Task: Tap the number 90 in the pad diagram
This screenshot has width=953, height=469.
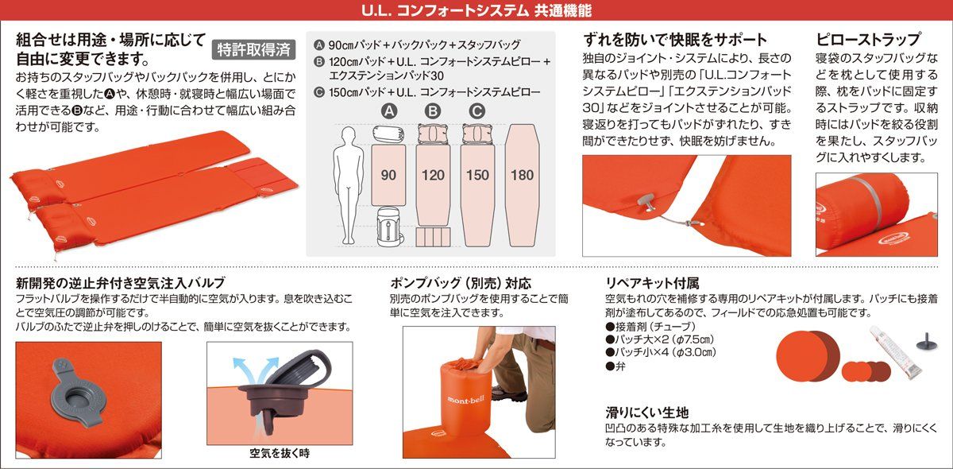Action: coord(388,175)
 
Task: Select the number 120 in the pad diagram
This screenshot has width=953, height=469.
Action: coord(432,175)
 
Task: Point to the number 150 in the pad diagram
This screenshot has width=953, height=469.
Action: coord(477,175)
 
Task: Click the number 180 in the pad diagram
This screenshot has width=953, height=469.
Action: coord(523,175)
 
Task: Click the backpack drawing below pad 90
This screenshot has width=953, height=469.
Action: coord(388,227)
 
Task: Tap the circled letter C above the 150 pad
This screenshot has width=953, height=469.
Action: coord(476,111)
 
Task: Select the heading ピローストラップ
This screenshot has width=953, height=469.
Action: coord(868,39)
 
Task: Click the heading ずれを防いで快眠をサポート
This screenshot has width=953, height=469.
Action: coord(675,39)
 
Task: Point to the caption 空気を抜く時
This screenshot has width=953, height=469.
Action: coord(280,453)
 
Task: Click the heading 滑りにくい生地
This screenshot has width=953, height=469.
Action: coord(646,413)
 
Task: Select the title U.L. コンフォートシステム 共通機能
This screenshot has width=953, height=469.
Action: coord(476,11)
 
